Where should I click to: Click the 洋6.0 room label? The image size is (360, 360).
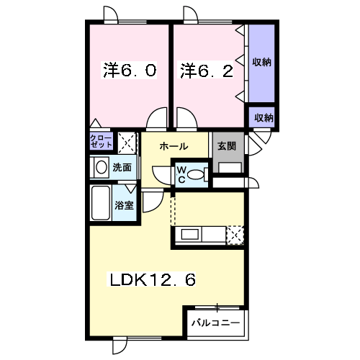[x=130, y=71]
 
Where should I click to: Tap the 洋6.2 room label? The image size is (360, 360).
[x=207, y=71]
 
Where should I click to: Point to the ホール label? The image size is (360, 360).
[x=174, y=146]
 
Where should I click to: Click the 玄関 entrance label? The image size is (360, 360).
[x=227, y=145]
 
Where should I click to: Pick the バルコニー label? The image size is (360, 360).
[x=215, y=322]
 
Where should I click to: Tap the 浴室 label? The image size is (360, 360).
[x=125, y=205]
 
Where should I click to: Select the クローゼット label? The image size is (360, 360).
[x=101, y=140]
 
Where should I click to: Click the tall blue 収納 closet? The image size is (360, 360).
[x=261, y=63]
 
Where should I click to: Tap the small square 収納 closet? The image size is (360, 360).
[x=262, y=117]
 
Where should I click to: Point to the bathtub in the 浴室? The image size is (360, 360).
[x=100, y=204]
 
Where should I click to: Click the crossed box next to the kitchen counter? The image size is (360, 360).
[x=235, y=235]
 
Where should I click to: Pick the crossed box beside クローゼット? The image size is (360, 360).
[x=126, y=140]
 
